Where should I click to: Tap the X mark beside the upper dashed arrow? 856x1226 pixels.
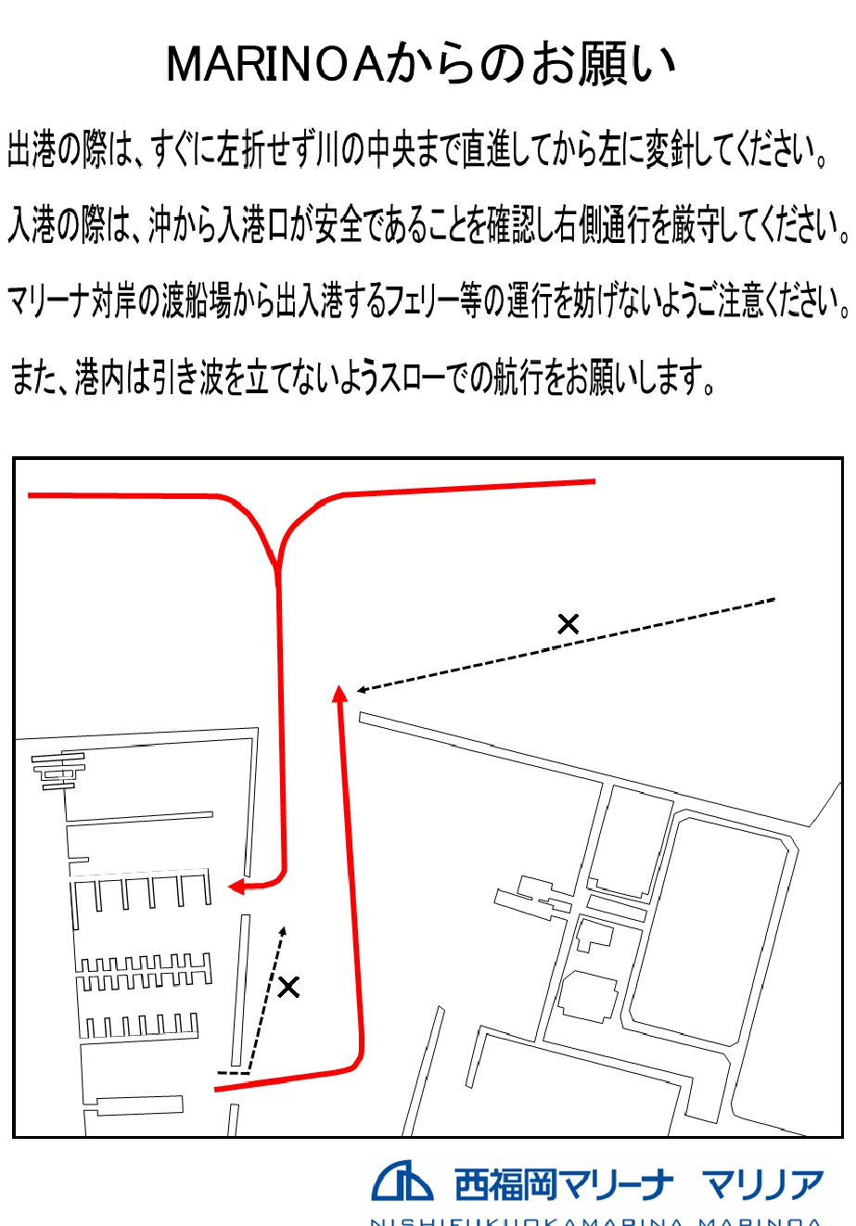coord(568,624)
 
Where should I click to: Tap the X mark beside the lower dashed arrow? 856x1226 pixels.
coord(288,987)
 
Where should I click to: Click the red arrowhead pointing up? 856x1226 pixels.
coord(339,692)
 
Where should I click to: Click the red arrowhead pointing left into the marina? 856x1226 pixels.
coord(236,887)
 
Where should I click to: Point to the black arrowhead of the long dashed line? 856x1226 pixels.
coord(363,689)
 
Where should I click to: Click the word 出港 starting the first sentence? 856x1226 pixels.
coord(32,150)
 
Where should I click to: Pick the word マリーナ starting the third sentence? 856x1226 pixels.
coord(46,302)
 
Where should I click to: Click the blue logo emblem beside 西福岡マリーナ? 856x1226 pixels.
coord(402,1181)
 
